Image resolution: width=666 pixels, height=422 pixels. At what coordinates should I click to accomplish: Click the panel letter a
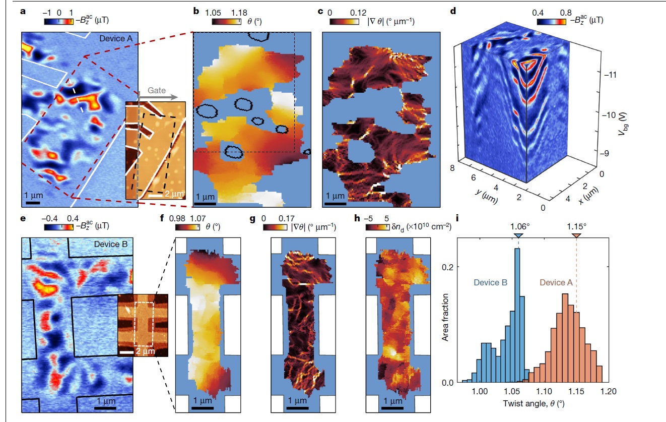(23, 11)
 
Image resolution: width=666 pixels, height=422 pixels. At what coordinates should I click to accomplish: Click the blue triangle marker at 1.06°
(518, 236)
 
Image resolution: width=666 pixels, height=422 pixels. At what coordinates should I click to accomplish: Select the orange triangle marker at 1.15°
(577, 236)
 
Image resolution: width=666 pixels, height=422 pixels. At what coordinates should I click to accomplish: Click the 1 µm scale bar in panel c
(334, 204)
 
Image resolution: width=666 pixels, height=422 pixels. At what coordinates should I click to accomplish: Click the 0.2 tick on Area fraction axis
(453, 266)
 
